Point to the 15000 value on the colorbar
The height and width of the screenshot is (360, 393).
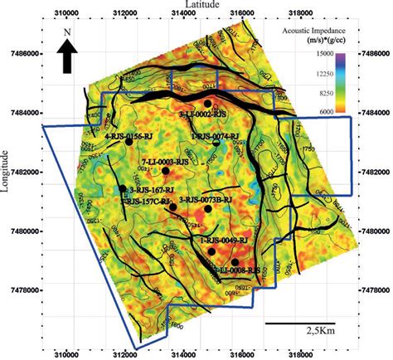[323, 54]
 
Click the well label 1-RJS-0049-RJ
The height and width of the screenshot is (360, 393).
[226, 240]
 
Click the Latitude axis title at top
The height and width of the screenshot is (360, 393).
[204, 5]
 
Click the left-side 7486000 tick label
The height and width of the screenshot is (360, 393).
[22, 51]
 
